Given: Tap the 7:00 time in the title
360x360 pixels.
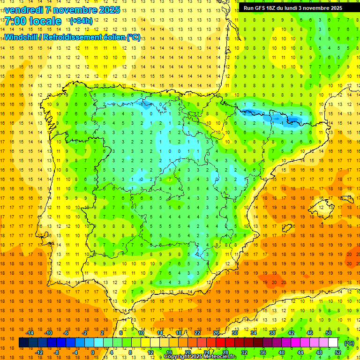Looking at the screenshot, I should [15, 22].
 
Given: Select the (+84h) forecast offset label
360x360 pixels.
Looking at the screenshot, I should [81, 21].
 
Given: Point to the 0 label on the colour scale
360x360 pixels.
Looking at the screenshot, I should [92, 352].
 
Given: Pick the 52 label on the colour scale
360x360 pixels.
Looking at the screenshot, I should [338, 352].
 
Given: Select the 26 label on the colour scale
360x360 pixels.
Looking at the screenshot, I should [217, 333].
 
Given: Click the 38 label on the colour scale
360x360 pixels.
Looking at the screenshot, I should [273, 333].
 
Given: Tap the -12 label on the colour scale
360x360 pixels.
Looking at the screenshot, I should [39, 352].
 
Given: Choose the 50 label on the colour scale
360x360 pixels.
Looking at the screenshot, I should [329, 333].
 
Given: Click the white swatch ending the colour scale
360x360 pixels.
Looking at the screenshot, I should [333, 343].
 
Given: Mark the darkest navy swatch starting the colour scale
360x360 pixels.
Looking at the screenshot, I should [23, 343].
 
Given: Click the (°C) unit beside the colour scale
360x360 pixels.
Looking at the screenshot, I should [349, 343].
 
